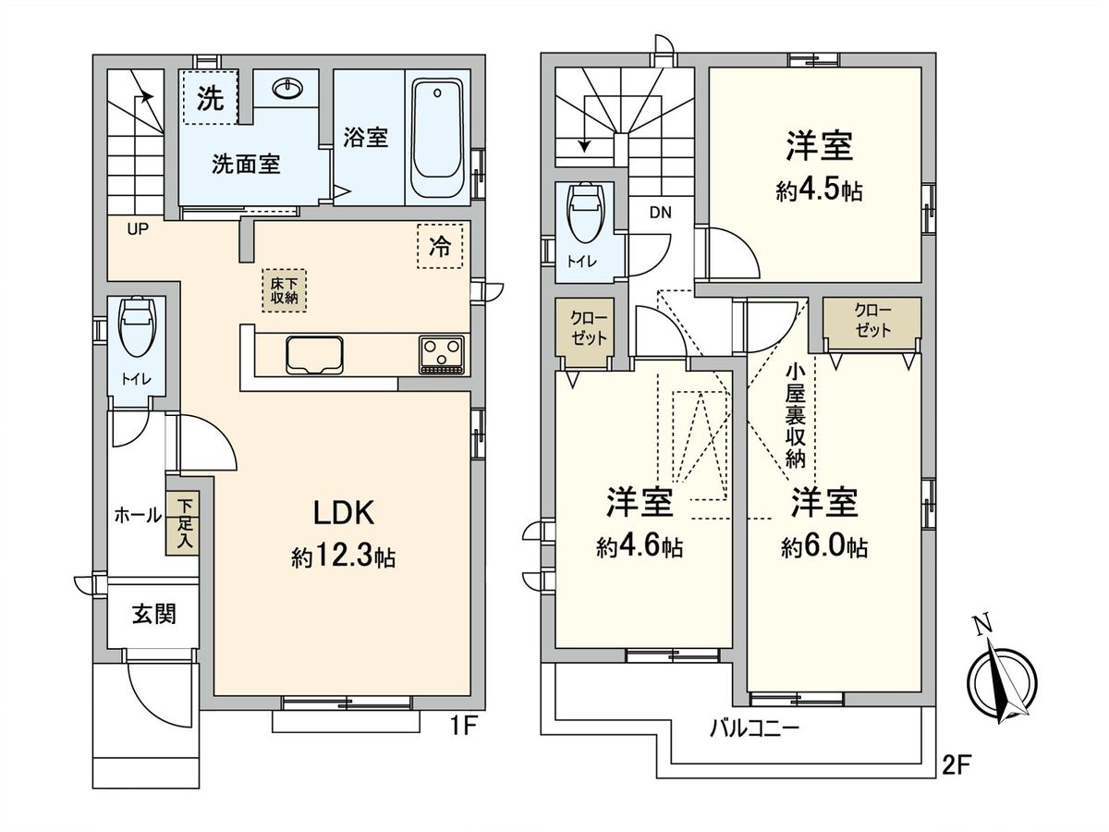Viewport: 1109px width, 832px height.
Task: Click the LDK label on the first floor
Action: coord(344,513)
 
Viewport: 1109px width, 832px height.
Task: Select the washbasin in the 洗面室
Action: coord(286,89)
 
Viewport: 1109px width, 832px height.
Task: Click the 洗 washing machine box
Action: coord(210,97)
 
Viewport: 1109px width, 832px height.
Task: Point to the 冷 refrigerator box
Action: coord(440,246)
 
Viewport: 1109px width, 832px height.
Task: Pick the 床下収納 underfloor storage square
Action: coord(284,290)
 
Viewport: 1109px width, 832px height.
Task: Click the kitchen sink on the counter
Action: coord(314,355)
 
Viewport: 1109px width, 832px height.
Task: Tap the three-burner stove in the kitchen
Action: coord(442,355)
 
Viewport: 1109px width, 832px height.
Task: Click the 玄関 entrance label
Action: coord(154,615)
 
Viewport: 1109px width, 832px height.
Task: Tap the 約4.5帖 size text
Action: coord(819,191)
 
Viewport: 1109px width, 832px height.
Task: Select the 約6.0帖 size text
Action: coord(824,547)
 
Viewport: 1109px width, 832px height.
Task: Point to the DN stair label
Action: coord(661,213)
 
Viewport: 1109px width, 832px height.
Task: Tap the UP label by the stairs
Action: coord(138,229)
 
